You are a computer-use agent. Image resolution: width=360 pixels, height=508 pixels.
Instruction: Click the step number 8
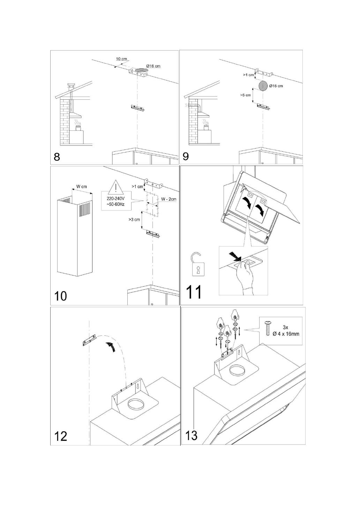tap(57, 157)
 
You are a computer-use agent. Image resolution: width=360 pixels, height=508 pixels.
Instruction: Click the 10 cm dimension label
tap(122, 59)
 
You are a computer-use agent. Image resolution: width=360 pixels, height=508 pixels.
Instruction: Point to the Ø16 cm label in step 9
tap(276, 86)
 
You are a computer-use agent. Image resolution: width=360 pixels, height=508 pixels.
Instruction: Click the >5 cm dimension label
tap(246, 95)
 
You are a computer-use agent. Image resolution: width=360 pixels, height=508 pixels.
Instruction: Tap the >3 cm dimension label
tap(134, 219)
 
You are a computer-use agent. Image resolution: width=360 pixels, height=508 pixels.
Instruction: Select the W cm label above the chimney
tap(81, 187)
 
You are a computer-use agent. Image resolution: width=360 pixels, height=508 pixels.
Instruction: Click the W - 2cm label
tap(168, 199)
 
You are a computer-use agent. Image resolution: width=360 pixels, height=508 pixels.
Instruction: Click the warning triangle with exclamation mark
tap(116, 187)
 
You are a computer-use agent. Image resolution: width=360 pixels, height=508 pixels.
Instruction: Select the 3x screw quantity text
tap(286, 327)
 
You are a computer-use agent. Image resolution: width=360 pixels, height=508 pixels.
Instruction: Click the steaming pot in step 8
tap(78, 128)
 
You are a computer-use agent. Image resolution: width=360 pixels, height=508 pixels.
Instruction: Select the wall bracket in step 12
tap(90, 341)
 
